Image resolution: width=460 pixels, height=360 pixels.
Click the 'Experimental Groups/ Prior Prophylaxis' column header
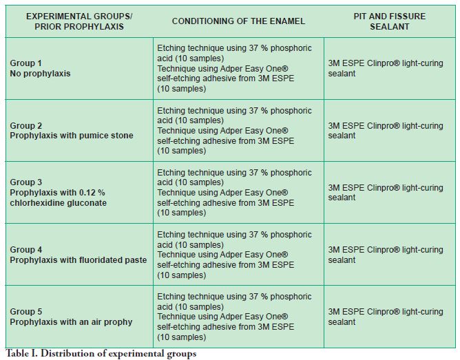point(79,21)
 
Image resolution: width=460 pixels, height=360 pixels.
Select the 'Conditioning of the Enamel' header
point(238,21)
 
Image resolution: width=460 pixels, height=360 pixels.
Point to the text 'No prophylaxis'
point(40,73)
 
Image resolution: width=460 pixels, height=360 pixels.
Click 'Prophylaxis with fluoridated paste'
point(78,260)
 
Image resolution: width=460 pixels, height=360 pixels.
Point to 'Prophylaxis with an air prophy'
point(71,321)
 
